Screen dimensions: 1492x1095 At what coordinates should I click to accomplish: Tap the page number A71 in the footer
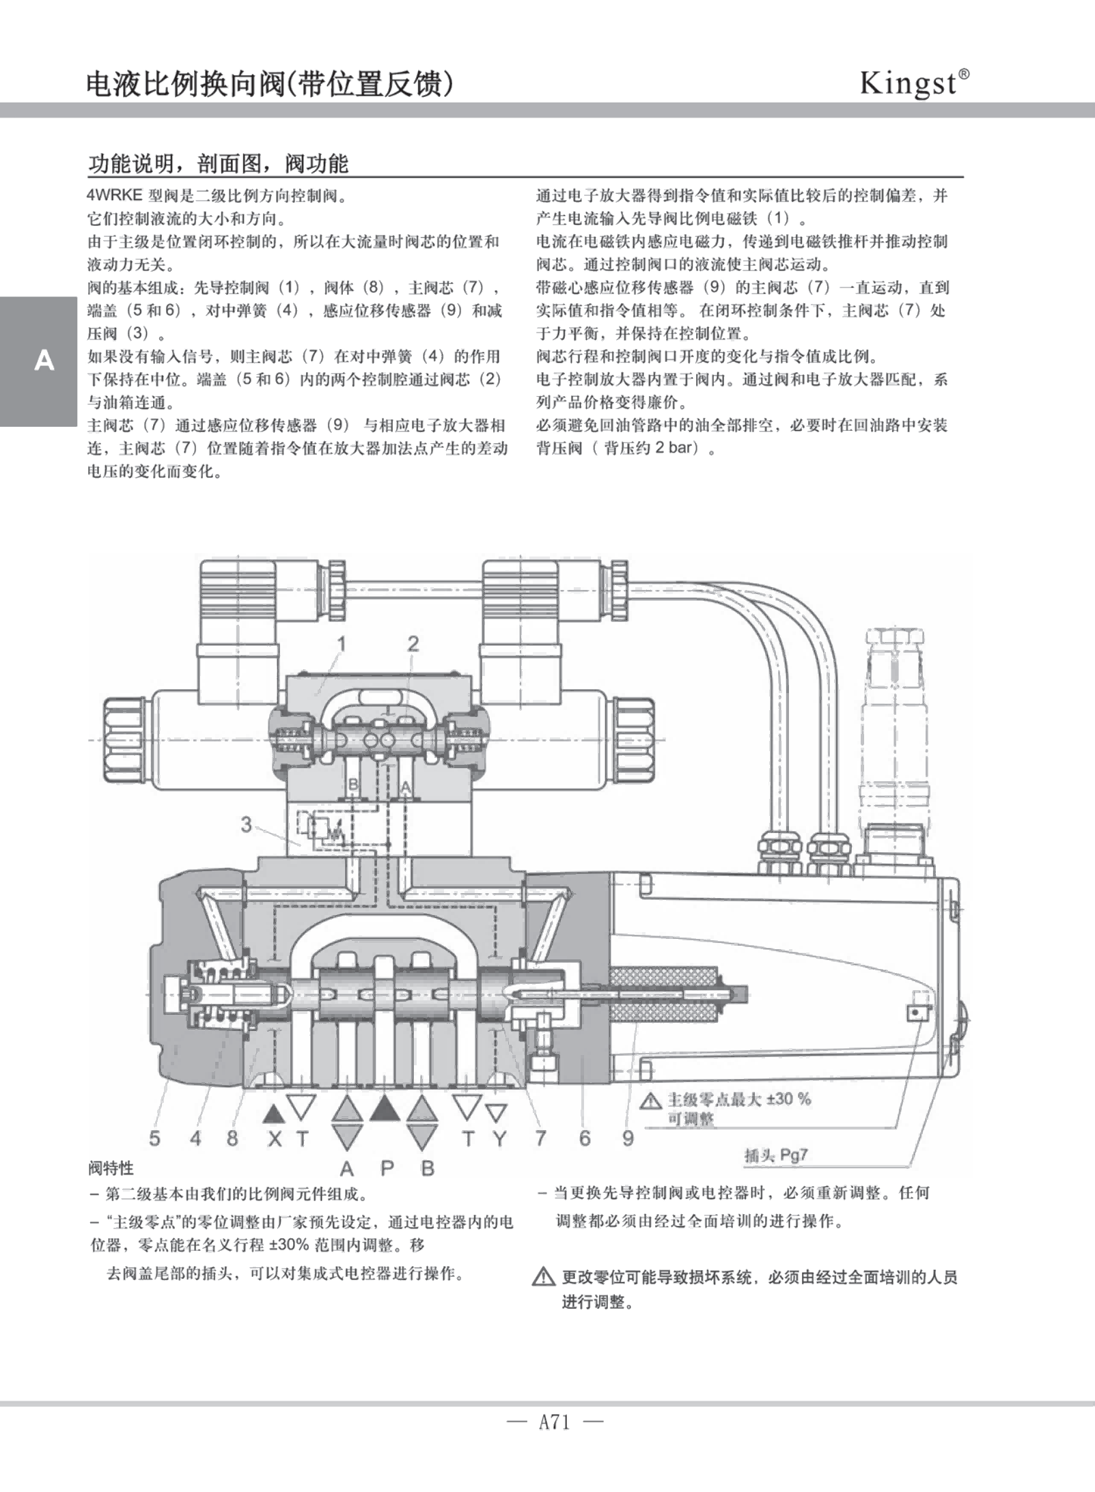tap(553, 1422)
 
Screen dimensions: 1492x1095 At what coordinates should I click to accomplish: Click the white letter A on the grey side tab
tap(44, 361)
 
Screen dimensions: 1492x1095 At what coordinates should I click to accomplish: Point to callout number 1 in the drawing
tap(341, 643)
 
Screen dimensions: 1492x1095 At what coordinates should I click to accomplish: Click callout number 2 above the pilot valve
tap(413, 643)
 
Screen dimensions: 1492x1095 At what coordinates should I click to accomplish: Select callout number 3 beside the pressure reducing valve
tap(246, 824)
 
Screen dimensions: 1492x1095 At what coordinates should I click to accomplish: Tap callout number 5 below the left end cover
tap(155, 1138)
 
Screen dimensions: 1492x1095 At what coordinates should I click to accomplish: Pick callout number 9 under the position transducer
tap(628, 1138)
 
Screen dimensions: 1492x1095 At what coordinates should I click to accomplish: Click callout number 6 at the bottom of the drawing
tap(585, 1138)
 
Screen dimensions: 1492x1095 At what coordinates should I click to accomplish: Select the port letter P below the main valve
tap(387, 1168)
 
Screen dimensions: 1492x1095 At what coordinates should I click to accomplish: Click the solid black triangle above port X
tap(274, 1114)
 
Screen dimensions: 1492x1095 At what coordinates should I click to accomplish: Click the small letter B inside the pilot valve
tap(354, 785)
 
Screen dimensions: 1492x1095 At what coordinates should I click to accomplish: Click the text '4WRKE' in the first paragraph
tap(114, 195)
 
